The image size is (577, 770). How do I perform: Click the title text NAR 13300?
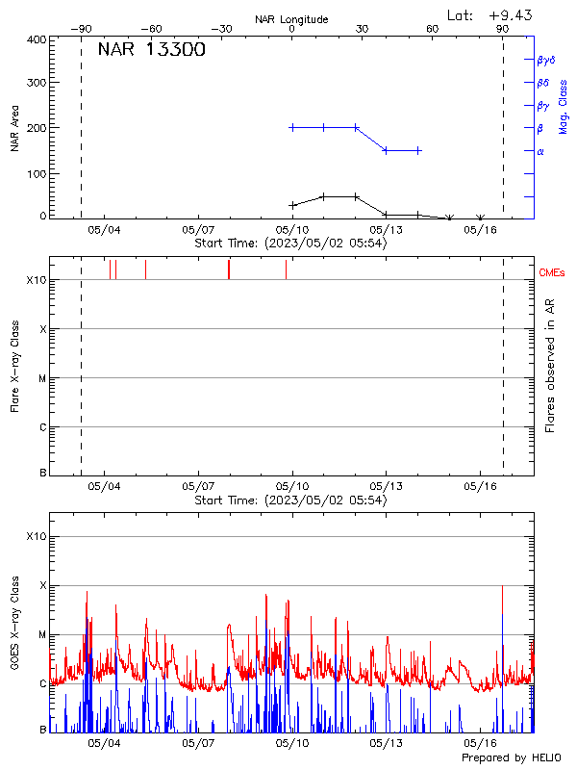(151, 50)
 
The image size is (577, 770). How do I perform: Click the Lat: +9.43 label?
(490, 14)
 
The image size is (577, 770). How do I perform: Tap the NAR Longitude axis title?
(291, 19)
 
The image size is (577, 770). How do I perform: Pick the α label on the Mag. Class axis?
(540, 151)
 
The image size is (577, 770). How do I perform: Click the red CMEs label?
(553, 273)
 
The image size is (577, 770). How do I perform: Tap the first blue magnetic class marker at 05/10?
(292, 127)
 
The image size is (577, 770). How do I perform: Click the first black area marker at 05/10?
(292, 205)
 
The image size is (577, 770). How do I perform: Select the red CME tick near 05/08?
(229, 269)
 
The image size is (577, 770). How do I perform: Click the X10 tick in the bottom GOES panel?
(37, 535)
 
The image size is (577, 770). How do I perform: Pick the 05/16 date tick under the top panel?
(480, 230)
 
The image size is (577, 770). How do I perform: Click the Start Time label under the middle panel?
(290, 500)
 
